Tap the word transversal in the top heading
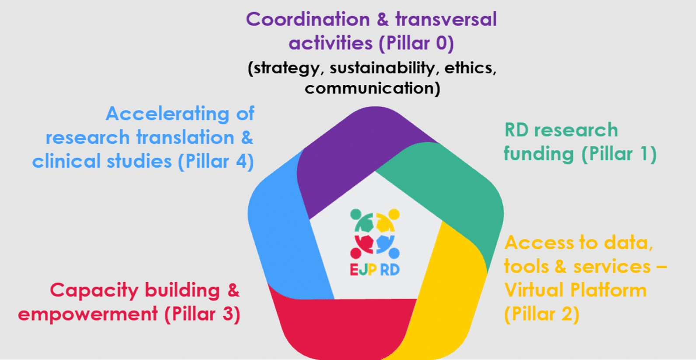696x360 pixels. (446, 20)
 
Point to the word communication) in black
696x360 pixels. (372, 88)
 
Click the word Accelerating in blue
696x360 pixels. (167, 114)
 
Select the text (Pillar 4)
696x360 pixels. (216, 162)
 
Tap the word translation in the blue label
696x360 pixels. (185, 138)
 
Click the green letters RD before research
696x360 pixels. (516, 130)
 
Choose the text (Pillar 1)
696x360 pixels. (619, 154)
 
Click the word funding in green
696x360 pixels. (539, 154)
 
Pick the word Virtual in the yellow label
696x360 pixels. (532, 291)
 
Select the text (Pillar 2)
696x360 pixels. (542, 314)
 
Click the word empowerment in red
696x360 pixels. (88, 314)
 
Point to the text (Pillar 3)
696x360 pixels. (202, 314)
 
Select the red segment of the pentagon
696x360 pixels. (341, 323)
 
